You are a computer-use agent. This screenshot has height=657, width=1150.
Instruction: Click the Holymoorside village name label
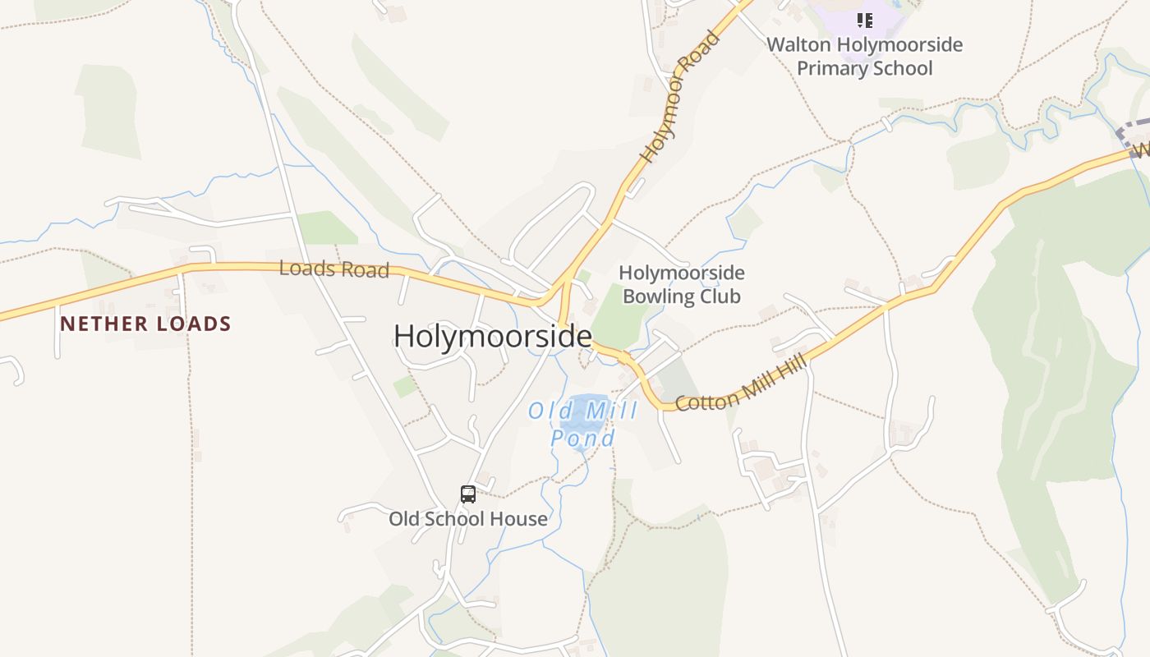[493, 337]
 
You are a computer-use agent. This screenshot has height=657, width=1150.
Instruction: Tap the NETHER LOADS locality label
[145, 324]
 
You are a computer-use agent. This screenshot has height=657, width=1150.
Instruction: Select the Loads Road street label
[333, 269]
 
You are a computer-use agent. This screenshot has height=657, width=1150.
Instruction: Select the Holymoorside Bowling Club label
[681, 284]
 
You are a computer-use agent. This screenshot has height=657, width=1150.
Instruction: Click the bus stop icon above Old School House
[468, 494]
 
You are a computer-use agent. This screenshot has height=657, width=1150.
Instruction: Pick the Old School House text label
[468, 519]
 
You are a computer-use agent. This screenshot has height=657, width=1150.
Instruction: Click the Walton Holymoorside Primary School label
[864, 56]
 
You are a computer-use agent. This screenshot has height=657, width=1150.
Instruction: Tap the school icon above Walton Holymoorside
[864, 21]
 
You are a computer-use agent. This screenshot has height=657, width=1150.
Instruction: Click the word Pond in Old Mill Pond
[582, 439]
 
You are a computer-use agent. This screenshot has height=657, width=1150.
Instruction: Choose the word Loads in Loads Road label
[305, 268]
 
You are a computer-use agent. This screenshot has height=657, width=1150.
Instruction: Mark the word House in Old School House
[518, 519]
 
